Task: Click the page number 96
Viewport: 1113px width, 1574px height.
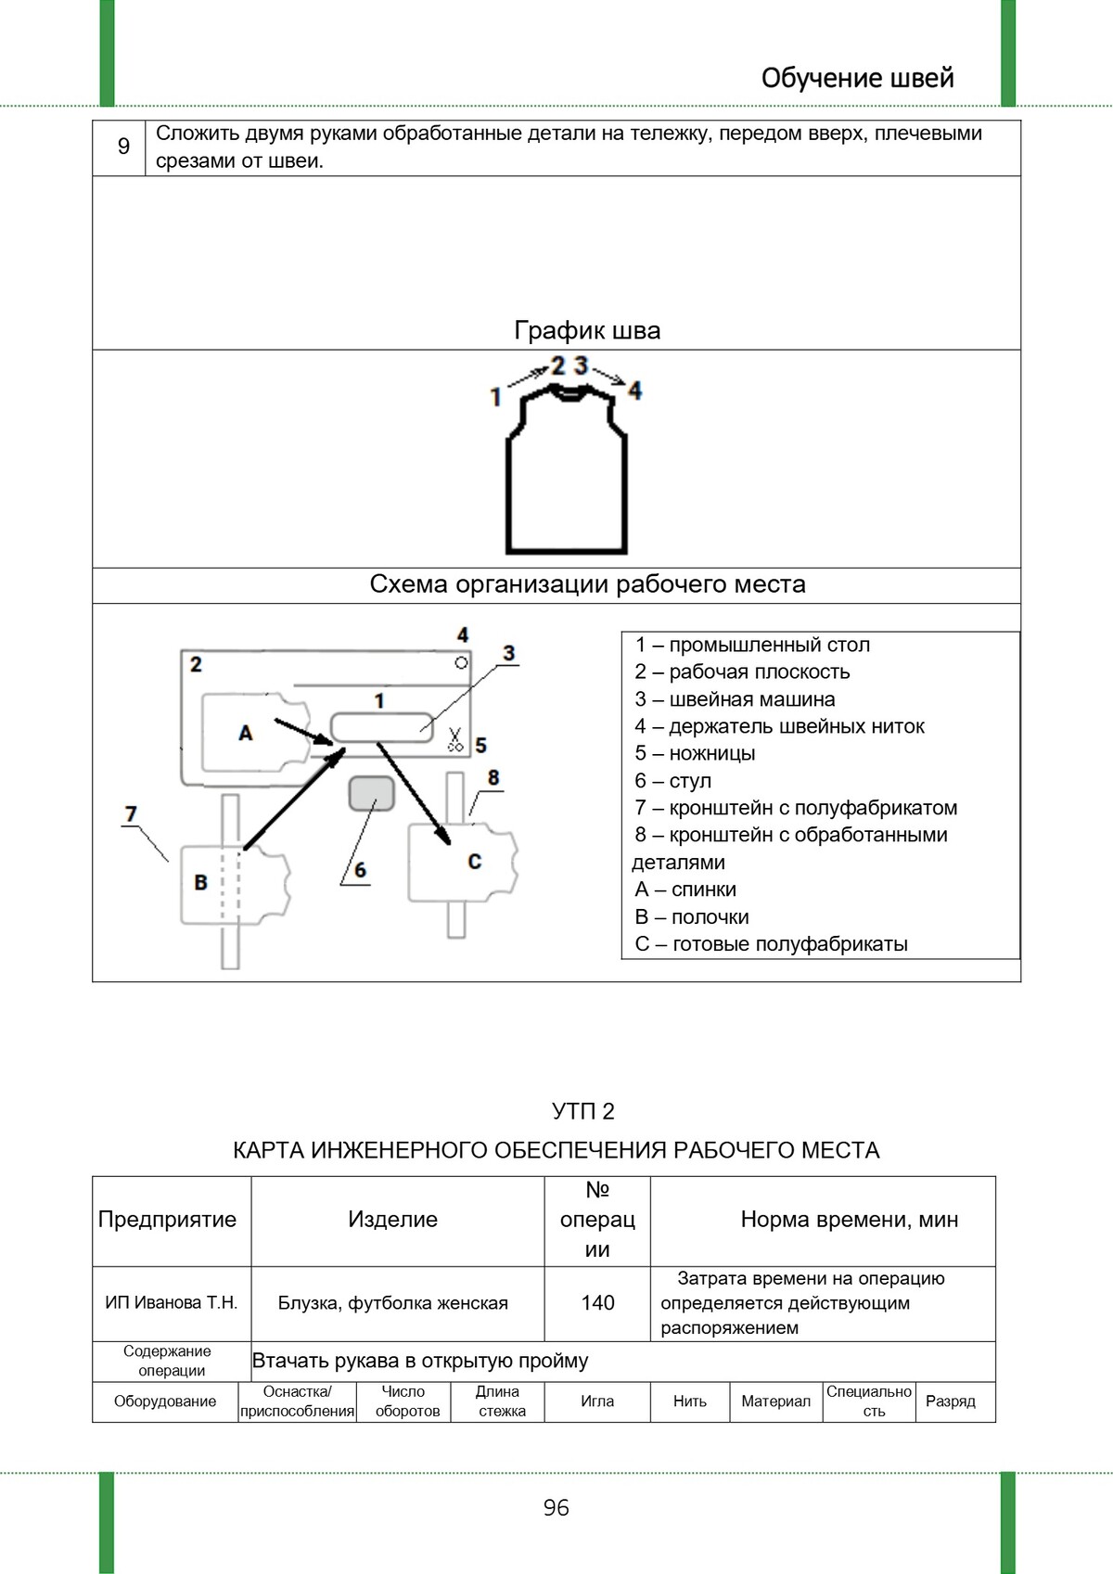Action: [556, 1507]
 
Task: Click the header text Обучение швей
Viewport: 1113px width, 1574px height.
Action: [857, 78]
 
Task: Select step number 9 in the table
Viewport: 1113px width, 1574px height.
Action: [123, 147]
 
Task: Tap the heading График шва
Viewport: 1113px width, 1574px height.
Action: [587, 330]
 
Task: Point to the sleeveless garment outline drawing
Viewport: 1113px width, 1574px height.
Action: [566, 473]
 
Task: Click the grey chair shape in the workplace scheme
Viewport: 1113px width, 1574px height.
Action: [372, 793]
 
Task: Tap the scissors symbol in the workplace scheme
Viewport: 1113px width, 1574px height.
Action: [454, 739]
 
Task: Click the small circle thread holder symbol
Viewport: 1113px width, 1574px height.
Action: [461, 662]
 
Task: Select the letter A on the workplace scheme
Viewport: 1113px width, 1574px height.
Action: [246, 733]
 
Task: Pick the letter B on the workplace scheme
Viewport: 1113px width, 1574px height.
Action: [200, 882]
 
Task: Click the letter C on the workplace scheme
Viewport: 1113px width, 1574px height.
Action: [474, 862]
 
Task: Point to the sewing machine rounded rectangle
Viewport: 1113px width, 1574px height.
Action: [381, 726]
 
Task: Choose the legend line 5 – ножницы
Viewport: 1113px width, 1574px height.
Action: [695, 753]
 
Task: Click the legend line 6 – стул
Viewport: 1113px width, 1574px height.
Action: [672, 781]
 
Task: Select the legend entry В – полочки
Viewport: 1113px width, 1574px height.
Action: [691, 916]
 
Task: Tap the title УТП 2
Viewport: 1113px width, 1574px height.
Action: [582, 1111]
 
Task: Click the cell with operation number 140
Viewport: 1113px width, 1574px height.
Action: [597, 1303]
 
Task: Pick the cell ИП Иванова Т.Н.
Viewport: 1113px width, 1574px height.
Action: [172, 1303]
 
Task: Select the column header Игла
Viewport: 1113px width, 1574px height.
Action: [597, 1401]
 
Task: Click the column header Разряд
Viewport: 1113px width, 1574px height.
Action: [950, 1401]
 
